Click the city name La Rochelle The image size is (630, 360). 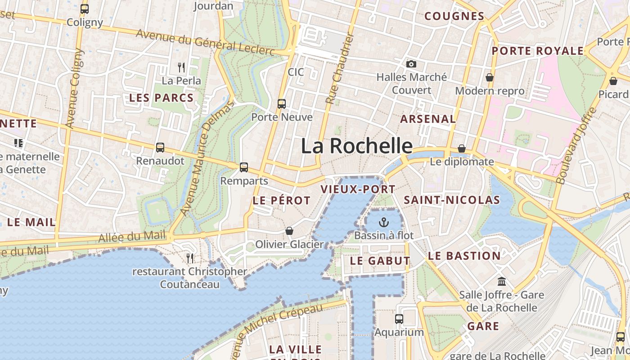356,146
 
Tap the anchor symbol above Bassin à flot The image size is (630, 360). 383,222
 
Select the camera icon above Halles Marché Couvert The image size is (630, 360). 411,64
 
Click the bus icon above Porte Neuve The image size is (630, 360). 282,104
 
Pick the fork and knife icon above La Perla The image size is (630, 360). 181,67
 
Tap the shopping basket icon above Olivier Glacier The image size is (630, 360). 289,231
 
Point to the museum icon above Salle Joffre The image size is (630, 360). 501,282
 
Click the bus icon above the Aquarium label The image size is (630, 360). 399,319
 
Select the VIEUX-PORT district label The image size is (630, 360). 358,189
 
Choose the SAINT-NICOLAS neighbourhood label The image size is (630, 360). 452,200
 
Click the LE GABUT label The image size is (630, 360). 380,261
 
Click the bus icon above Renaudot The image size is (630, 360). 160,148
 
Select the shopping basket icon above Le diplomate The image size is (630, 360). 462,148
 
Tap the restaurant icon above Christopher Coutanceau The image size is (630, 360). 190,258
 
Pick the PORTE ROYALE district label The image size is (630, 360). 537,51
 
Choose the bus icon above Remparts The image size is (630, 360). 244,167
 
